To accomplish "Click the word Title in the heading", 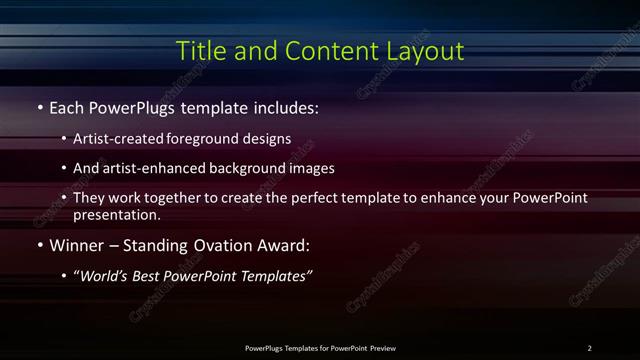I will (x=200, y=50).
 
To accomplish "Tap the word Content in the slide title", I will (x=322, y=50).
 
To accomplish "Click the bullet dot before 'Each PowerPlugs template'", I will (x=39, y=106).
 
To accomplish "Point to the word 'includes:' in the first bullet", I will (x=286, y=106).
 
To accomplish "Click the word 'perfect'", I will (x=310, y=198).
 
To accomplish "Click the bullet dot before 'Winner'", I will (x=39, y=244).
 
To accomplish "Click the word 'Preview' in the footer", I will (x=383, y=348).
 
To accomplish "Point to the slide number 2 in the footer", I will (x=589, y=348).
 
